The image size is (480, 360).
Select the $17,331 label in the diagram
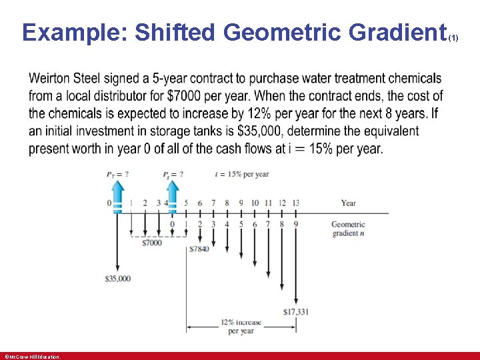[x=296, y=311]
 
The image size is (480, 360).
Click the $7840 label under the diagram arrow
[x=199, y=249]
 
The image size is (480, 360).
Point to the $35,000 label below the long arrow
[x=117, y=278]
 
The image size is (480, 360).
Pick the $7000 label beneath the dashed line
[x=152, y=243]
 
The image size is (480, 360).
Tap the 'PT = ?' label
[x=117, y=175]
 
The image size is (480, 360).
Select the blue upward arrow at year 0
[x=117, y=196]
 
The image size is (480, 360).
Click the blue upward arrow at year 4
[x=172, y=196]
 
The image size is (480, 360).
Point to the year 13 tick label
[x=295, y=203]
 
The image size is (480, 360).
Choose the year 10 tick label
[x=254, y=203]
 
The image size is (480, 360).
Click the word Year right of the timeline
[x=348, y=203]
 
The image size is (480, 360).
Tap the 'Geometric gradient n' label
[x=348, y=229]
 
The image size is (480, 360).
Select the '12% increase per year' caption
[x=241, y=326]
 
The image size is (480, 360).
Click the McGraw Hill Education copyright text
[x=32, y=357]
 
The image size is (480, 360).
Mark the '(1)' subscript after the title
[x=453, y=39]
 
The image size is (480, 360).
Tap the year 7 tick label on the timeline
[x=213, y=203]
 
